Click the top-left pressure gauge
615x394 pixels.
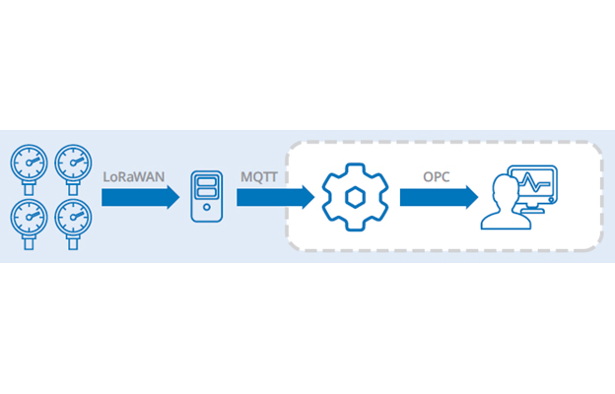point(29,163)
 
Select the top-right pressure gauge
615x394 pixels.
point(74,163)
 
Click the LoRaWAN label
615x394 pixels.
point(133,175)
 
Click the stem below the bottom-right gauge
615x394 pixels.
point(74,239)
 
